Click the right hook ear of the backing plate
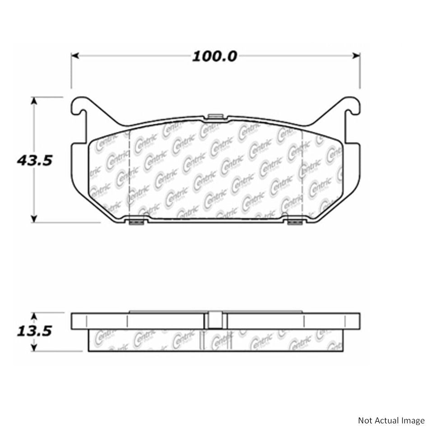point(352,107)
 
